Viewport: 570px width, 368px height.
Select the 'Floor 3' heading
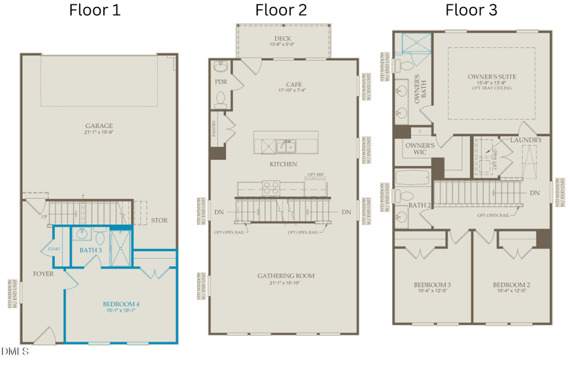(x=471, y=10)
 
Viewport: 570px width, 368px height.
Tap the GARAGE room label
(x=99, y=125)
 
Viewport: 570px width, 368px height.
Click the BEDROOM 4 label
(x=121, y=305)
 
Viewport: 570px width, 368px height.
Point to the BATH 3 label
(x=91, y=250)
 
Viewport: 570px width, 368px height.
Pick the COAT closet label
(x=54, y=249)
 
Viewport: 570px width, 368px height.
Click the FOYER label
(x=43, y=274)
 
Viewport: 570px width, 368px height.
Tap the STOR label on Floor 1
(x=160, y=221)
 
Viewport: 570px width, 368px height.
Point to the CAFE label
(x=293, y=84)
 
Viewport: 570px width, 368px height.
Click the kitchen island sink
(x=286, y=147)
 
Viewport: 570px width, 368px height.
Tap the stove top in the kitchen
(x=271, y=187)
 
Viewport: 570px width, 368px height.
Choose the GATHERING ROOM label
(x=286, y=276)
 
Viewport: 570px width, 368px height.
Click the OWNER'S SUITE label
(x=491, y=77)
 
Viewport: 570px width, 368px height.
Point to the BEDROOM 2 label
(x=510, y=285)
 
